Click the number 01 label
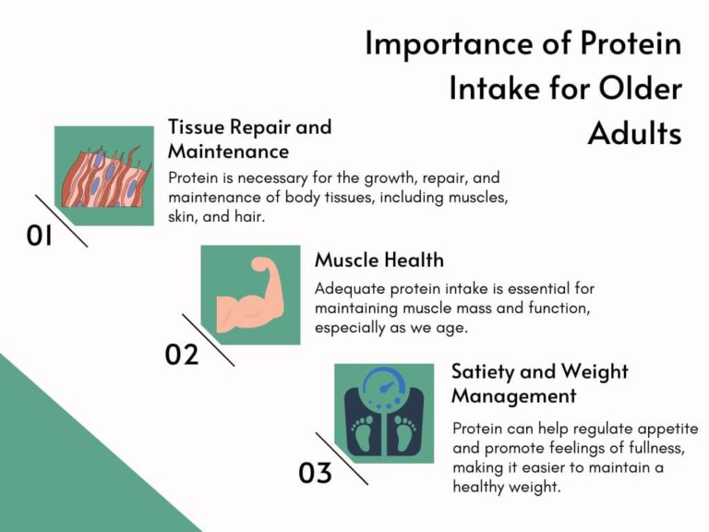pyautogui.click(x=40, y=236)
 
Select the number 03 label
pyautogui.click(x=315, y=474)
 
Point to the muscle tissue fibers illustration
pyautogui.click(x=103, y=176)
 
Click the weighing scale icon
pyautogui.click(x=383, y=414)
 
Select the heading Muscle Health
pyautogui.click(x=379, y=260)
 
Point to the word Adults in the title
pyautogui.click(x=634, y=133)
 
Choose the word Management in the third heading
pyautogui.click(x=513, y=396)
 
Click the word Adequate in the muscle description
pyautogui.click(x=348, y=287)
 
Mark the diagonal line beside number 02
pyautogui.click(x=208, y=340)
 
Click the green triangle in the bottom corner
pyautogui.click(x=55, y=462)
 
